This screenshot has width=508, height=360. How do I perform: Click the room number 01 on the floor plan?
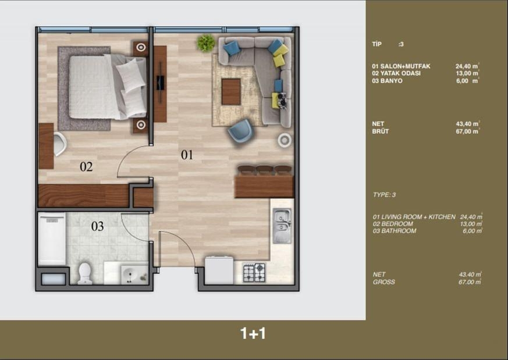(x=186, y=155)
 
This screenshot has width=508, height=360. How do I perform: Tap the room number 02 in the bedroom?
(x=86, y=167)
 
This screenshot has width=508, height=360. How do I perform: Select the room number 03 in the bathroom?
(x=97, y=226)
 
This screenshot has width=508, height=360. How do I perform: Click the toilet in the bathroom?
(x=85, y=272)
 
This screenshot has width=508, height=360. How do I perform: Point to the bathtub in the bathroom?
(x=51, y=238)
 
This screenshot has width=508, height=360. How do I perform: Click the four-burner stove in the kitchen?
(x=254, y=272)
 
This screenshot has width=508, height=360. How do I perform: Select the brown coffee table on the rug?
(x=231, y=92)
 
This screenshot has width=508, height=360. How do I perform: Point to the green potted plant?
(x=205, y=42)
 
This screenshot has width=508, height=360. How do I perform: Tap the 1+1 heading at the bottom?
(x=253, y=334)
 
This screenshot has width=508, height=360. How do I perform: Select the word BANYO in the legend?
(x=390, y=81)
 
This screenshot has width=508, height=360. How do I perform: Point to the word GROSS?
(x=384, y=282)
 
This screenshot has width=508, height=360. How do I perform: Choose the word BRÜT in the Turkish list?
(x=381, y=131)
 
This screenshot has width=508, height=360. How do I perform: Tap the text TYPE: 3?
(x=384, y=195)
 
